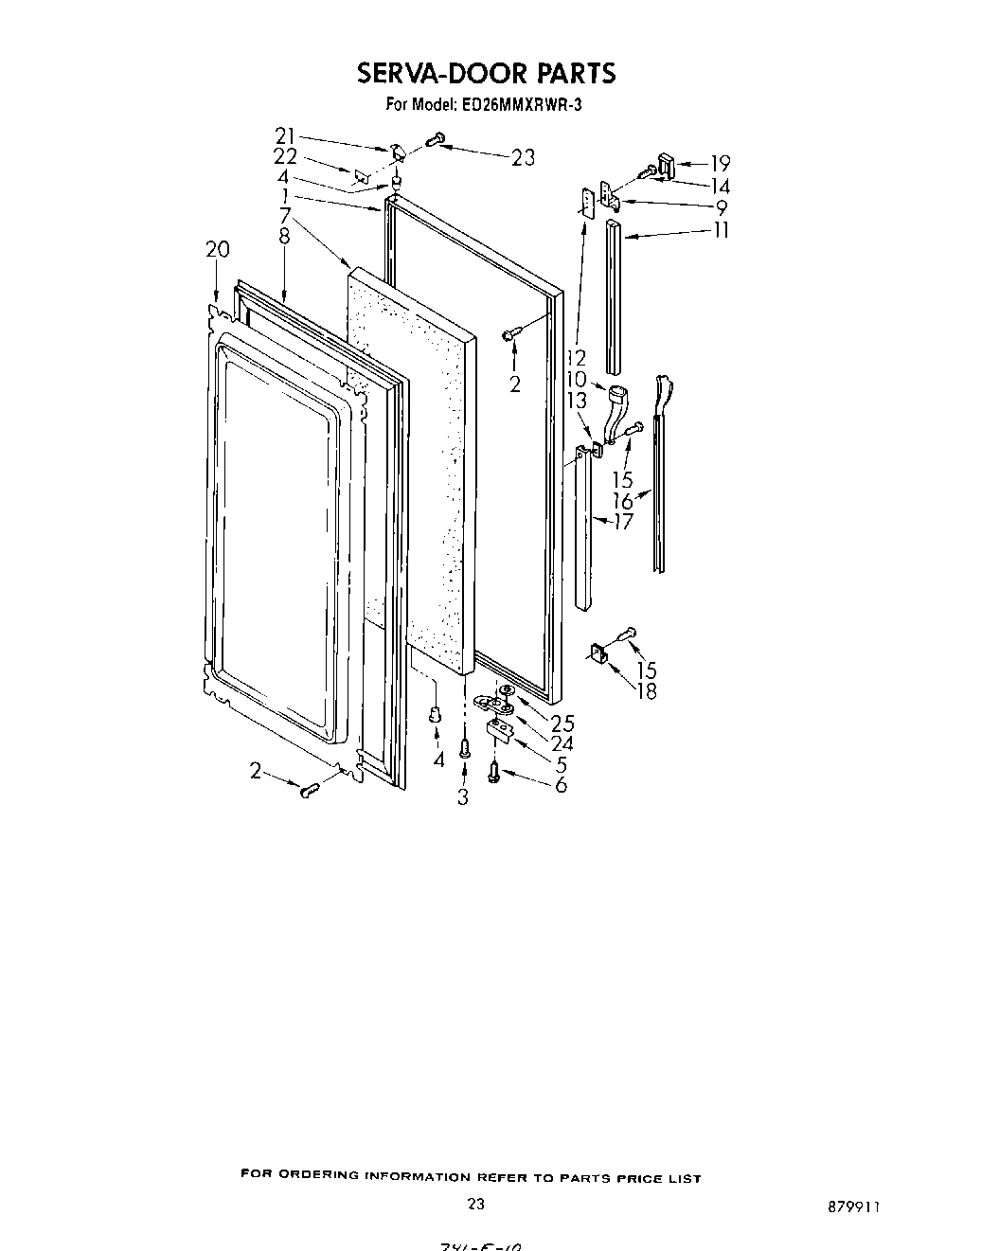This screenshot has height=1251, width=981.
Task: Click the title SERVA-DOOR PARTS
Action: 486,73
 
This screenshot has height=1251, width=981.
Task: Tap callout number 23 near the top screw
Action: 523,157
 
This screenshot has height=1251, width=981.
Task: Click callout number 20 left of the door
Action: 217,250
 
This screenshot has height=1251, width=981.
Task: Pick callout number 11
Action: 722,230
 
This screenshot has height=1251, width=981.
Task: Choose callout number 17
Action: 622,521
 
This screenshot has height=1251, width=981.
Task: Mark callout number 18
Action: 647,691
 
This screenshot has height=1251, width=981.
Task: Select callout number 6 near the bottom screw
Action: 562,785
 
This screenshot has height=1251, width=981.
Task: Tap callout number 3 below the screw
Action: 463,797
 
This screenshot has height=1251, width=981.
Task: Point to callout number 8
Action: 284,237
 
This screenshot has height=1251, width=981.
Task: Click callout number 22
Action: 285,157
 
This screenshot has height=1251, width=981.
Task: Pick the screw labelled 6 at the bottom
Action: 495,773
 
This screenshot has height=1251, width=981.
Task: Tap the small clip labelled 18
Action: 598,653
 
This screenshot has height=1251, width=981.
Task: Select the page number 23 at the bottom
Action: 476,1205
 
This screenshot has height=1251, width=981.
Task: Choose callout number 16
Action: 622,501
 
